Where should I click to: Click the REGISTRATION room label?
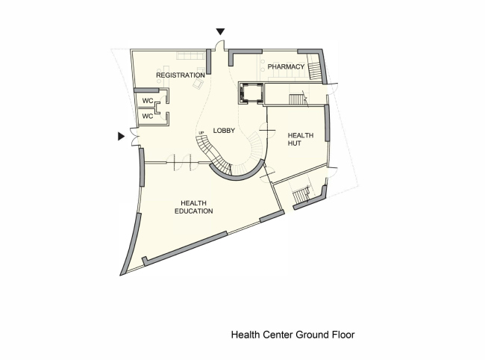pos(180,75)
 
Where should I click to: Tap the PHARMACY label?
pos(287,67)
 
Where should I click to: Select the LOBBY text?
pos(225,131)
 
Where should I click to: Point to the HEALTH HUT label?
pos(300,140)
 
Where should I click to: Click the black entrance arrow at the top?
pos(219,32)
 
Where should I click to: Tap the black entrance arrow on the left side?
pos(121,137)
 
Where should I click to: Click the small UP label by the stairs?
pos(201,134)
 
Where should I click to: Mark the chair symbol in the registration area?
pos(197,85)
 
